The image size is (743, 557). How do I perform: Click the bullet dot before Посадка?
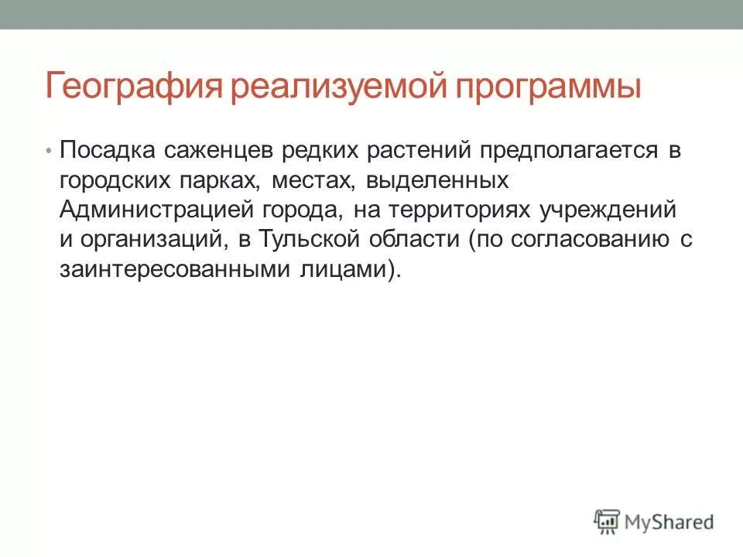(50, 151)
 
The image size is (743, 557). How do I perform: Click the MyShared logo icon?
(608, 521)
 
